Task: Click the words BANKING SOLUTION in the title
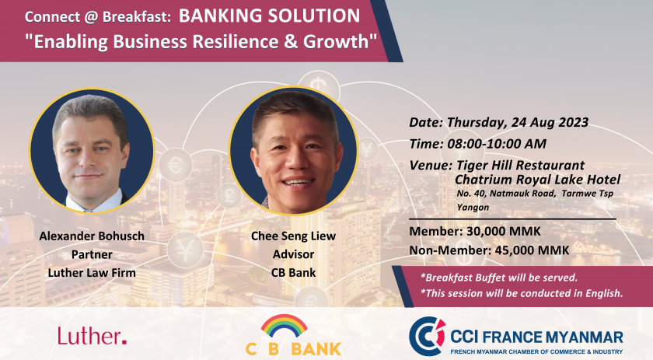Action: click(x=270, y=16)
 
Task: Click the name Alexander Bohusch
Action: click(x=92, y=236)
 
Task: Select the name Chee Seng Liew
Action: click(x=293, y=236)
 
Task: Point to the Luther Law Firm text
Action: click(x=92, y=272)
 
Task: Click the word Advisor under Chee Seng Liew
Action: click(x=293, y=254)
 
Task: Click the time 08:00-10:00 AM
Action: click(x=497, y=144)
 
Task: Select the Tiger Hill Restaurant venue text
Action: click(x=521, y=165)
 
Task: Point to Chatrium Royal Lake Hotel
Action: click(x=537, y=180)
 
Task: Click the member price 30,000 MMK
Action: click(x=504, y=231)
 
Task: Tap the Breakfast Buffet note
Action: click(x=499, y=278)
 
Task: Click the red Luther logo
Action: click(x=92, y=336)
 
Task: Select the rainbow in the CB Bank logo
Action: click(x=284, y=325)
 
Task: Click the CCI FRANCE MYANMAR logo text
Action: click(x=537, y=337)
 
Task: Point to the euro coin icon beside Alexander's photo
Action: click(x=176, y=165)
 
